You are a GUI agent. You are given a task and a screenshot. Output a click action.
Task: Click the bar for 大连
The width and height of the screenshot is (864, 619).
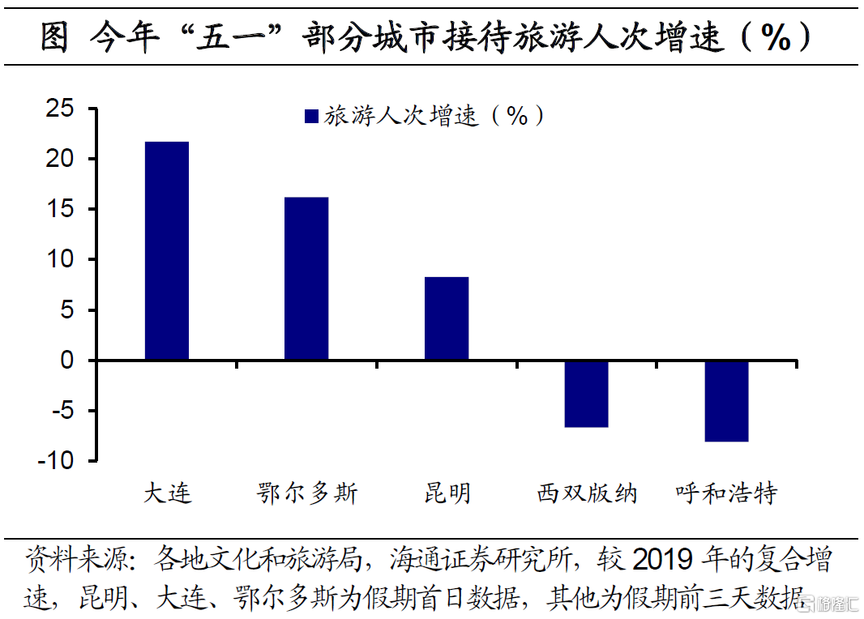tap(167, 250)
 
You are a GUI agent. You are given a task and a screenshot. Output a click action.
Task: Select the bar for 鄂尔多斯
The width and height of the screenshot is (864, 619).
tap(306, 278)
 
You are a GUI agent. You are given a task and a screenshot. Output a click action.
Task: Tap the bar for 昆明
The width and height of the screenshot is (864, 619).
tap(447, 318)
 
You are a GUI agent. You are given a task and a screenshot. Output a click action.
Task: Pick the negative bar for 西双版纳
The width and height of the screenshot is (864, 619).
tap(586, 394)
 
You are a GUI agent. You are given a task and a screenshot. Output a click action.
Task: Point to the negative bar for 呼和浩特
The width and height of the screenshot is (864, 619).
tap(726, 401)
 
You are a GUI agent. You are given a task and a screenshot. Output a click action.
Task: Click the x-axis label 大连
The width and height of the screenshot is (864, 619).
tap(168, 493)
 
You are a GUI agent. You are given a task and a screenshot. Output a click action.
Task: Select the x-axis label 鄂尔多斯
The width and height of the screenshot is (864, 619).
tap(307, 493)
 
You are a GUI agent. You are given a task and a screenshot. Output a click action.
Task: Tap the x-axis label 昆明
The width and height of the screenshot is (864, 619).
tap(447, 493)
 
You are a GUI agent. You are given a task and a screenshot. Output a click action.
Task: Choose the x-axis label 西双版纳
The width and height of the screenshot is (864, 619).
tap(587, 493)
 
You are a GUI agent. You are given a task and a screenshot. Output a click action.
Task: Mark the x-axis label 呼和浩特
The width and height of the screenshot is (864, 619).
tap(726, 493)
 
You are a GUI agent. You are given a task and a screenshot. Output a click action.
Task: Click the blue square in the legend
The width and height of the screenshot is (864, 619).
tap(311, 117)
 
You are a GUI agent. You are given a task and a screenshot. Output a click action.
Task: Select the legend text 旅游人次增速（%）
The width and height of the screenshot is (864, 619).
tap(434, 117)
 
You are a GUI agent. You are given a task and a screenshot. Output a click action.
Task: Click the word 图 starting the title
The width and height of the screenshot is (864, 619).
tap(54, 37)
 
